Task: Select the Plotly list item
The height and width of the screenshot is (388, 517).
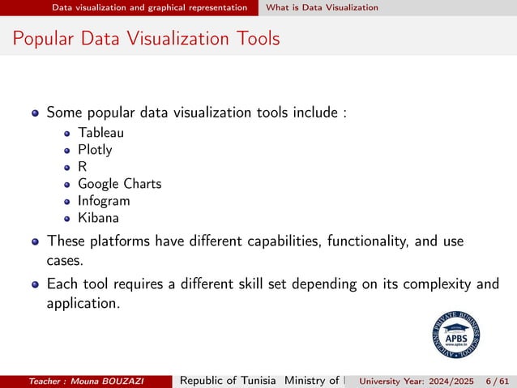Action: click(x=95, y=150)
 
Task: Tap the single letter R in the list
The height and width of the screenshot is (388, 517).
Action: click(x=82, y=167)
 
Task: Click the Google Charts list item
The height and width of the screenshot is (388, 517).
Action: click(x=119, y=184)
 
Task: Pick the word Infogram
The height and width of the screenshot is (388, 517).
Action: click(x=104, y=201)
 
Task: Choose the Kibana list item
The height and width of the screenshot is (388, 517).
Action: click(x=98, y=218)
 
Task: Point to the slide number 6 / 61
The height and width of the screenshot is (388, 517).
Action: click(x=495, y=382)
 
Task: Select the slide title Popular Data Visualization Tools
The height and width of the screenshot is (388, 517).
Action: click(x=147, y=38)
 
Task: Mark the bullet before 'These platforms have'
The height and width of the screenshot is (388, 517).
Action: click(x=35, y=241)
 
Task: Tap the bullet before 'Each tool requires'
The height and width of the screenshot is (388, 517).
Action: click(x=35, y=284)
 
